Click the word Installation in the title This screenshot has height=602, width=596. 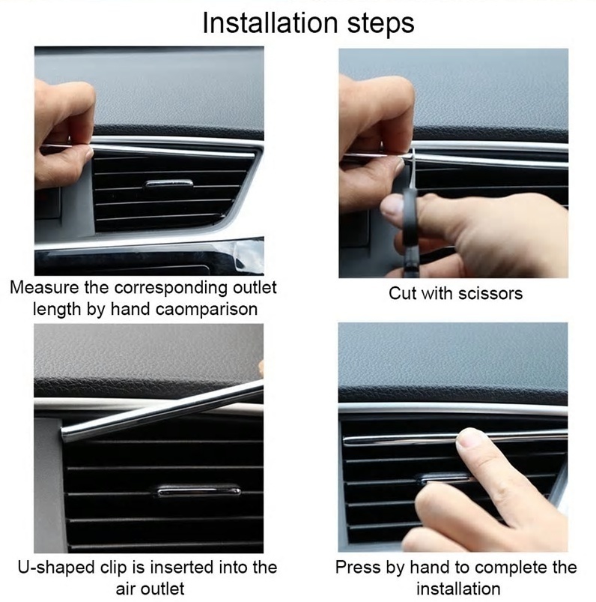270,23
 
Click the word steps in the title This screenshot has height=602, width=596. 381,24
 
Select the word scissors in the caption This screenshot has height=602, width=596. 490,293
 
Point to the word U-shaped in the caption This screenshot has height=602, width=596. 56,568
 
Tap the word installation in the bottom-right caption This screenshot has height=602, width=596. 458,589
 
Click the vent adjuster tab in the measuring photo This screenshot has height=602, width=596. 169,184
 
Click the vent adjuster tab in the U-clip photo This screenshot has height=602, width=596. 199,490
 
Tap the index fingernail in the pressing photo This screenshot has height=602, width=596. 468,437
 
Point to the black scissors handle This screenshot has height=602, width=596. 407,215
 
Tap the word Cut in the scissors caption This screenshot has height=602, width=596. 402,293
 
